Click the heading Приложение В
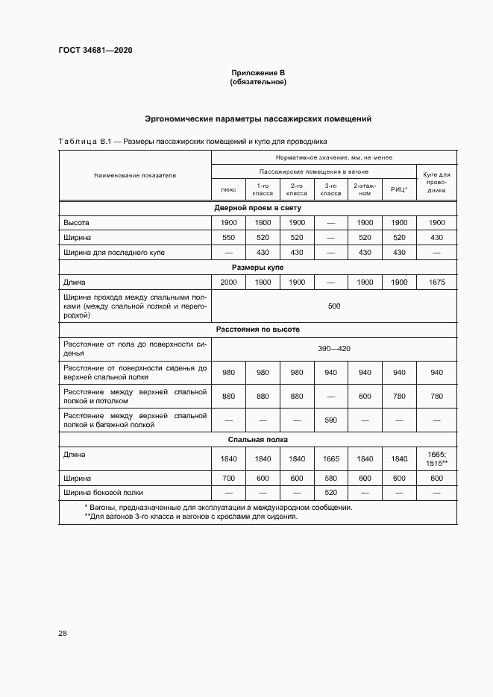257,72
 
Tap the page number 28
63,634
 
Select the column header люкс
229,189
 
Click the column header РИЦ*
398,189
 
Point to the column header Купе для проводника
436,182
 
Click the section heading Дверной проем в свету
257,207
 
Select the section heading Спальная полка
257,440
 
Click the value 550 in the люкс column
229,237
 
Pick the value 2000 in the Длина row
229,282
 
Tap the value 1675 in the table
436,282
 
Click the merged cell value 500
333,306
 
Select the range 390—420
333,348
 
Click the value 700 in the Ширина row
229,478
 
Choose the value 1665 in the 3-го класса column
331,458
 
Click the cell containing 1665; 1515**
436,458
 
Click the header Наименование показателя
134,176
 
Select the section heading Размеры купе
257,267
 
